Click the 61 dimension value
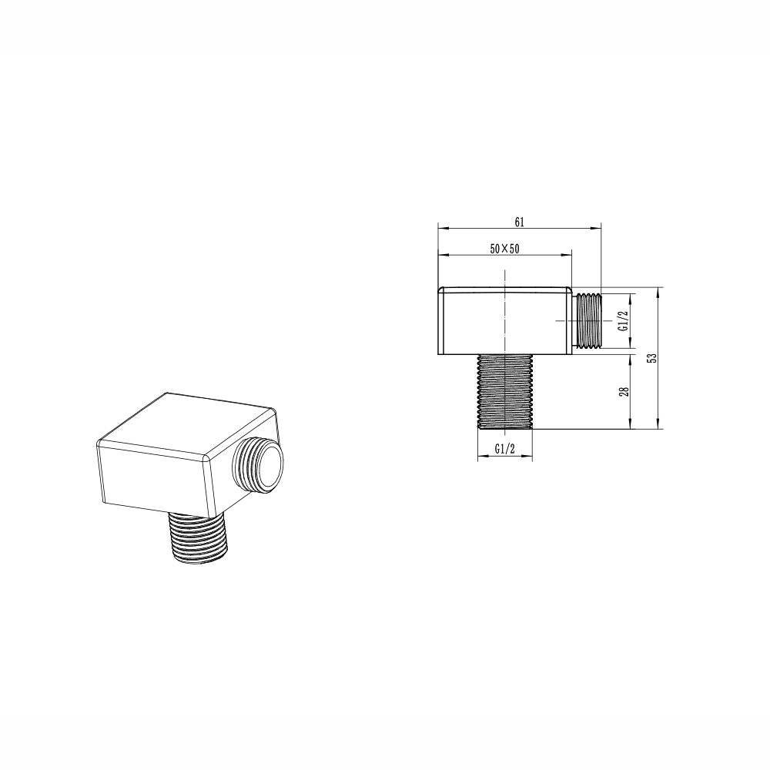pos(520,222)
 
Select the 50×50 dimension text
pos(504,249)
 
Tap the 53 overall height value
pos(652,358)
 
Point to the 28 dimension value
pos(624,390)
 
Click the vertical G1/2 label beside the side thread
pos(624,320)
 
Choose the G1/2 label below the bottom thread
pos(504,449)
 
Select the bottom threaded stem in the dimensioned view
pos(504,391)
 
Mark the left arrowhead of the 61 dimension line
pos(441,227)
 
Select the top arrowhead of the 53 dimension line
pos(658,291)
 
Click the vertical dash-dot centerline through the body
pos(504,308)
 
